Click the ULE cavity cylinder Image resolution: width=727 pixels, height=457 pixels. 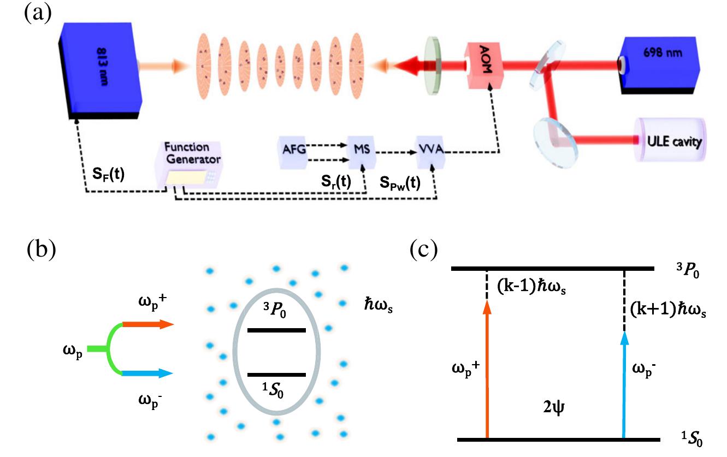(x=672, y=141)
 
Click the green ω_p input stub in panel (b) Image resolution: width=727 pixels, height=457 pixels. (x=98, y=348)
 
